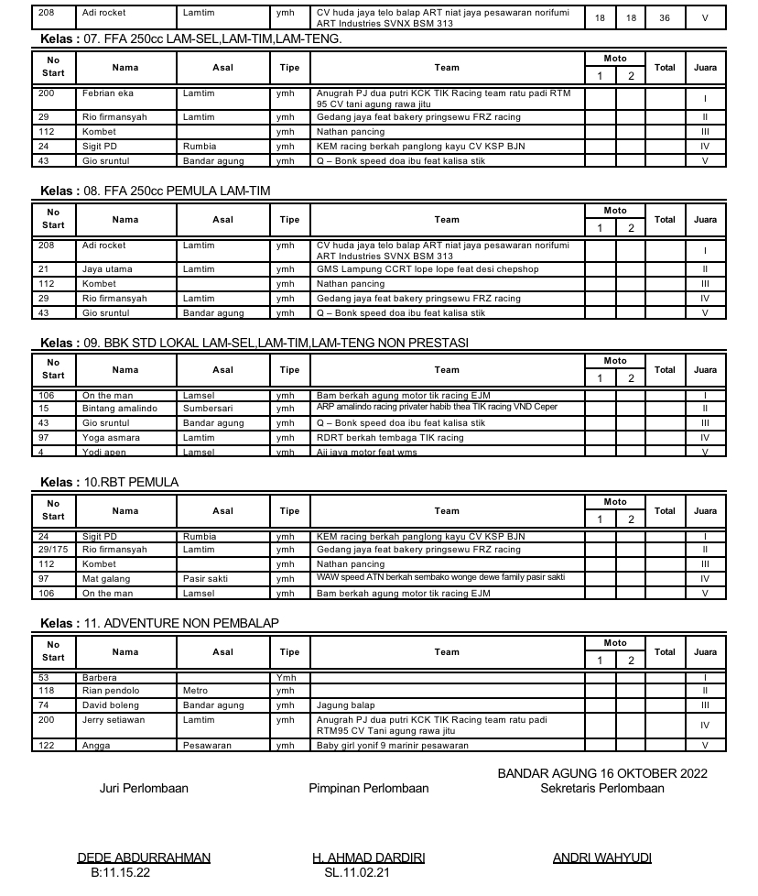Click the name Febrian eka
108,93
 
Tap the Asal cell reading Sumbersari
208,409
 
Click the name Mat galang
106,579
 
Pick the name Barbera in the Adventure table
100,678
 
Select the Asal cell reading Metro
195,691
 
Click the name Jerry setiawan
114,720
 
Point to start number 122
45,746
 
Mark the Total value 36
664,17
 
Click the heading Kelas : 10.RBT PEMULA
110,482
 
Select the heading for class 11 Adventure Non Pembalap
160,623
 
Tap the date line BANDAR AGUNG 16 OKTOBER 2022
602,773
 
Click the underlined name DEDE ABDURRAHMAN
144,858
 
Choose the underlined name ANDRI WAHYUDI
602,858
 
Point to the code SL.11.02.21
357,872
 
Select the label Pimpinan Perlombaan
368,788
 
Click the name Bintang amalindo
120,409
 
